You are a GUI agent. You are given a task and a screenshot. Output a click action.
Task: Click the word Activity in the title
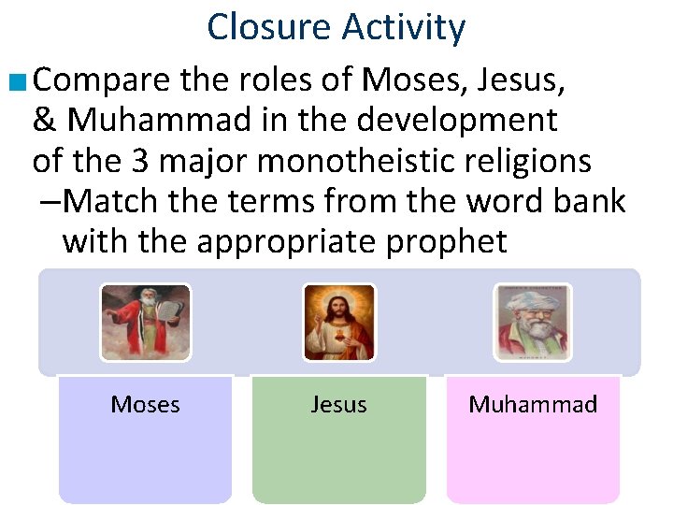pos(403,27)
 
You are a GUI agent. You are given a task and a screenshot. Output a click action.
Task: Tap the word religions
pos(529,161)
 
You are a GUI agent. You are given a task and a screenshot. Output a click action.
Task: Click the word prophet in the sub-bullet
pos(448,241)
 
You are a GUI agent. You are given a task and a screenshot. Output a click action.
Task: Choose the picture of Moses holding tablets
pos(146,323)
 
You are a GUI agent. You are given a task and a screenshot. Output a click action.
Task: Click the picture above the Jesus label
pos(338,323)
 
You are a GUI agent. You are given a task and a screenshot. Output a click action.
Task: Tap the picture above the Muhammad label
pos(532,323)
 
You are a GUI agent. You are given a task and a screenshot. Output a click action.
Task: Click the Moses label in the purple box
pos(146,404)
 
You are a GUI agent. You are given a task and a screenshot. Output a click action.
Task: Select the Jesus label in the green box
pos(338,404)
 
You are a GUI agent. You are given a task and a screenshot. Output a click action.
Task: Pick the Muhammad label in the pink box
pos(533,404)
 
